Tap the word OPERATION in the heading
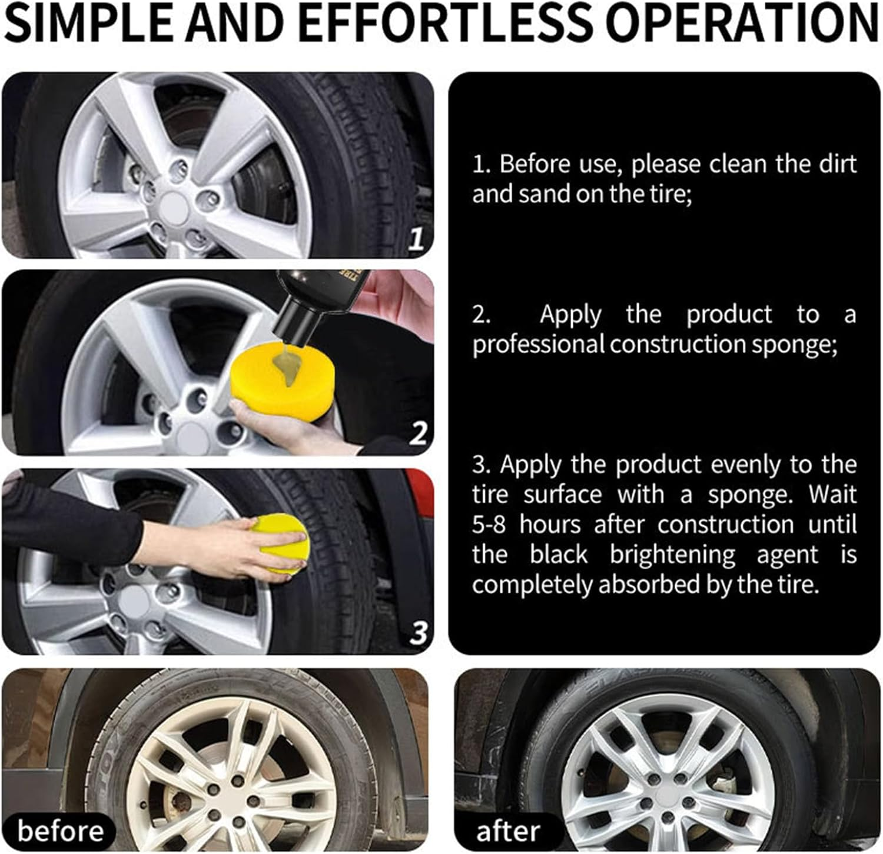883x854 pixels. pos(742,24)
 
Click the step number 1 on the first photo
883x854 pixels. pos(417,239)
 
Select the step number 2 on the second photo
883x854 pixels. pos(417,435)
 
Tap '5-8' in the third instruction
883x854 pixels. pos(489,524)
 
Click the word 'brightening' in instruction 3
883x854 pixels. pos(672,555)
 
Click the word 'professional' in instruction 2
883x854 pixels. pos(538,344)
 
